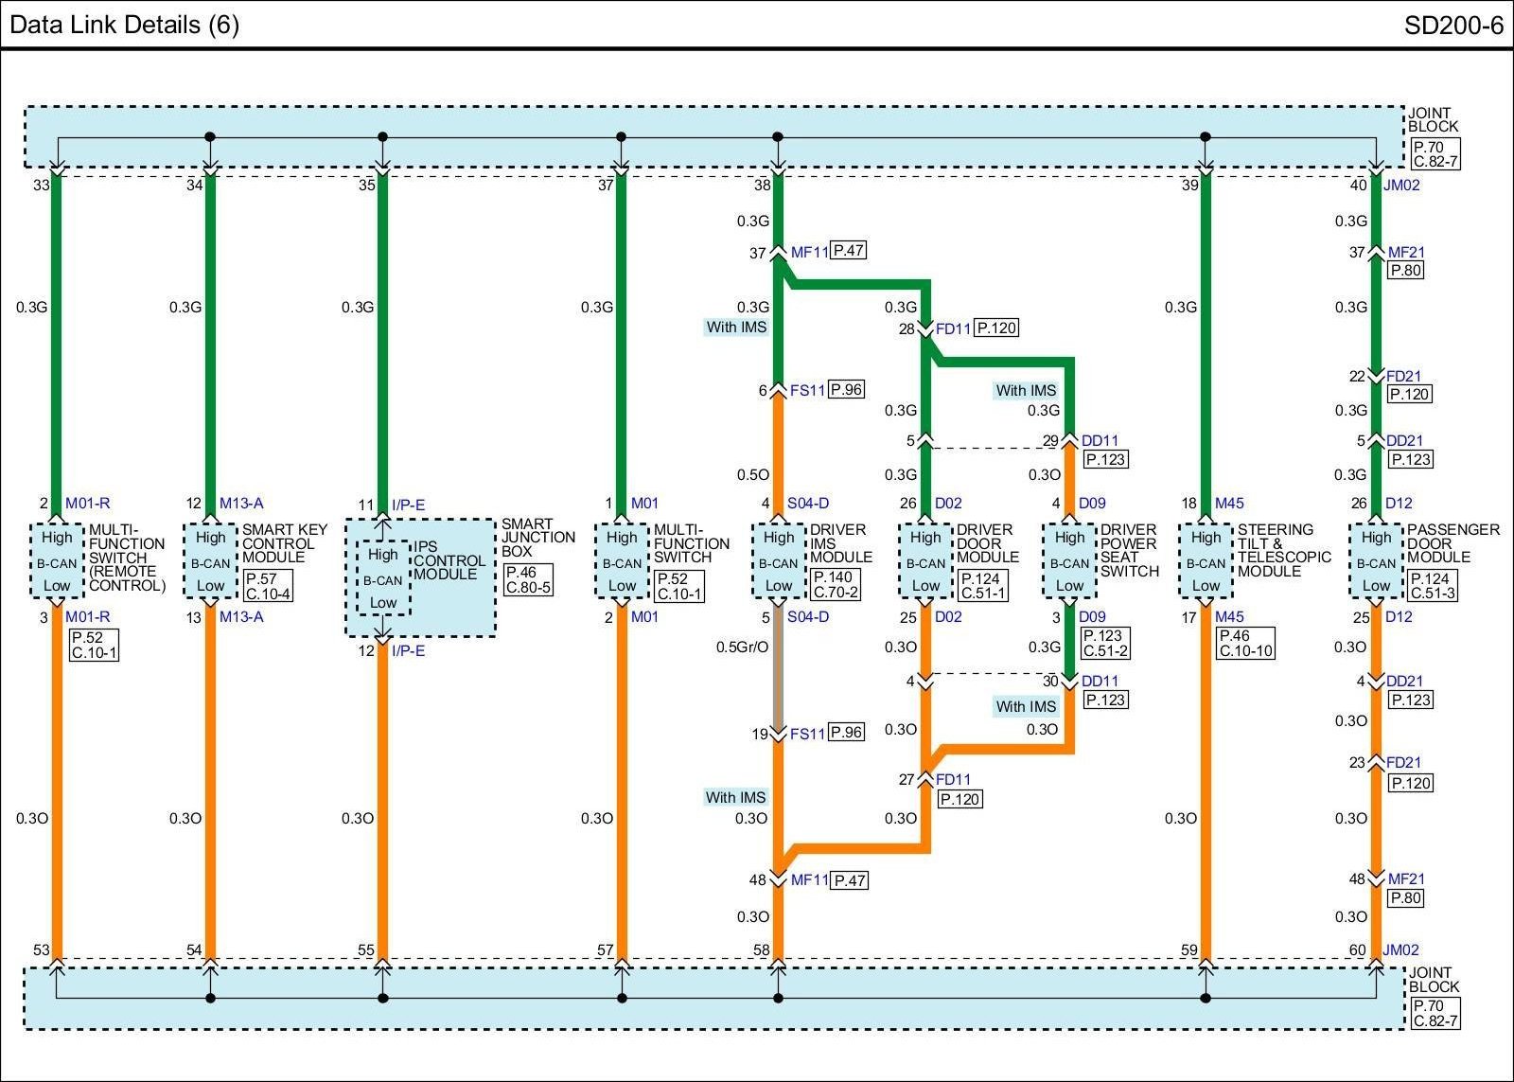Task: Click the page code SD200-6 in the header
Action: tap(1452, 25)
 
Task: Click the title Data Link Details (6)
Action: tap(124, 25)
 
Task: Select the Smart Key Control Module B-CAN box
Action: tap(210, 560)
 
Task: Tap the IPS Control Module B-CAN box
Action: tap(383, 578)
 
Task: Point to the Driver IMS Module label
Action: tap(840, 543)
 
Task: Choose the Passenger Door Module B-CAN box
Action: tap(1376, 560)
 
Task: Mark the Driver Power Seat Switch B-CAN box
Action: tap(1069, 560)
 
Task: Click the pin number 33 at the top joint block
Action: tap(41, 186)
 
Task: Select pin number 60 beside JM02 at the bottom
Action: tap(1358, 950)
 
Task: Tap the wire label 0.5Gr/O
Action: tap(742, 647)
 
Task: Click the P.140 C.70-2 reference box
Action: tap(836, 585)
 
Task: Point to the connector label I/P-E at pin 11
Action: tap(409, 505)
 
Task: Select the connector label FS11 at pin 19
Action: tap(807, 734)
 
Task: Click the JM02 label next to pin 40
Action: tap(1401, 186)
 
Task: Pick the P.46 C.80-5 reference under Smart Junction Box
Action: tap(528, 580)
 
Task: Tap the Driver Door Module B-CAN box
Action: tap(925, 560)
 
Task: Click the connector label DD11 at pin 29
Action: tap(1100, 441)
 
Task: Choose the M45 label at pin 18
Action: tap(1229, 504)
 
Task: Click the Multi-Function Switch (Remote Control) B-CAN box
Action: tap(57, 560)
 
